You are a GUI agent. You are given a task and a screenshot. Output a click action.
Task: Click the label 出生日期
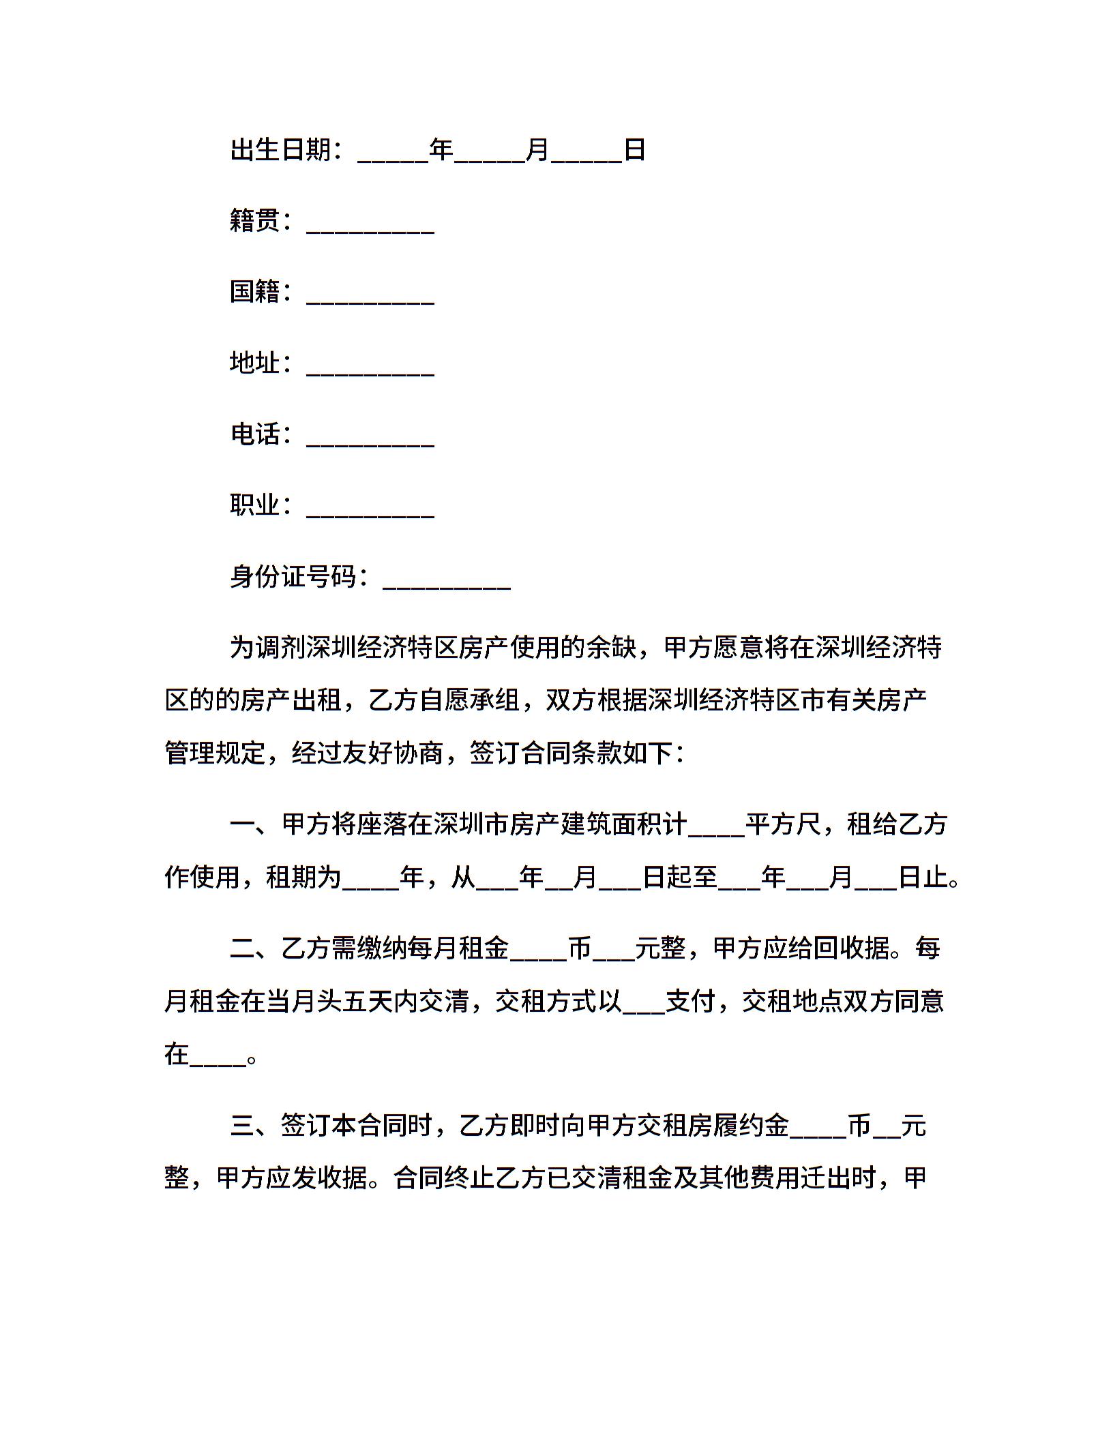[280, 150]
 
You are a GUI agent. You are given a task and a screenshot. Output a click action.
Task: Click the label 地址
[255, 363]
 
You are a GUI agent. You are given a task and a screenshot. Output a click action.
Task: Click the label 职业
[255, 505]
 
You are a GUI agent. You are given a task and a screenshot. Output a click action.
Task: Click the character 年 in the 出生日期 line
[441, 150]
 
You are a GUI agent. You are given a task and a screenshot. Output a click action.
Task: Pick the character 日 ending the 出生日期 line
[635, 150]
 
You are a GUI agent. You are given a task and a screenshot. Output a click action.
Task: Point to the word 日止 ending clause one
[923, 877]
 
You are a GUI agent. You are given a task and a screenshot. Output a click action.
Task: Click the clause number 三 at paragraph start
[242, 1126]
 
